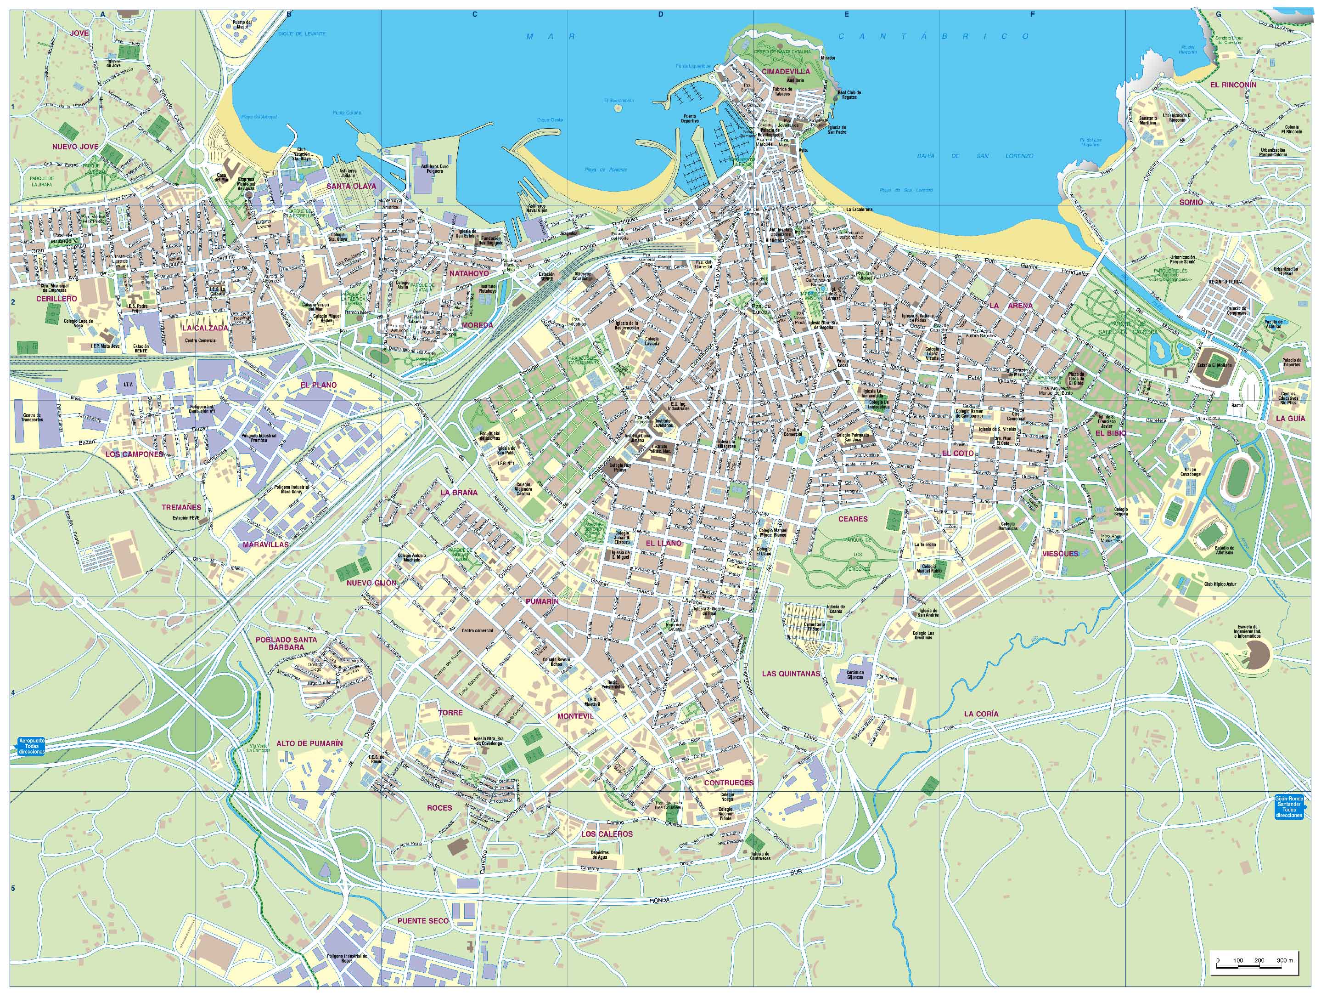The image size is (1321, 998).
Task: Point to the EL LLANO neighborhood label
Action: [x=663, y=543]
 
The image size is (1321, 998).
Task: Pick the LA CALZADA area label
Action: [x=205, y=328]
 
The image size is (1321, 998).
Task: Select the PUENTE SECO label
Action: [x=423, y=921]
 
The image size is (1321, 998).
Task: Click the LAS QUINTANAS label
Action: [x=791, y=674]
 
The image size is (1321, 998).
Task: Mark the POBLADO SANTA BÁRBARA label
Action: [x=286, y=643]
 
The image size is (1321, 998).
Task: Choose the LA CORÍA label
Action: [x=981, y=714]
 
